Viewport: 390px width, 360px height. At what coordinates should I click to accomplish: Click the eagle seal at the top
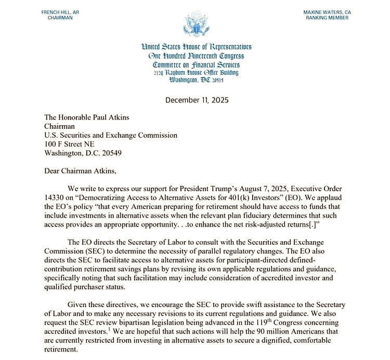pos(195,23)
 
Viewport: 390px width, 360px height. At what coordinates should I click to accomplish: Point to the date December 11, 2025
pos(197,100)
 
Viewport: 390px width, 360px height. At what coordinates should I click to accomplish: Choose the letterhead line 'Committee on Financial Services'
pos(196,64)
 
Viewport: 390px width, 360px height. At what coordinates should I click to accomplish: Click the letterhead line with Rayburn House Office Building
pos(196,73)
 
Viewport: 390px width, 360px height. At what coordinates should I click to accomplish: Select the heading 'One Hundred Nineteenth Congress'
pos(196,56)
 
